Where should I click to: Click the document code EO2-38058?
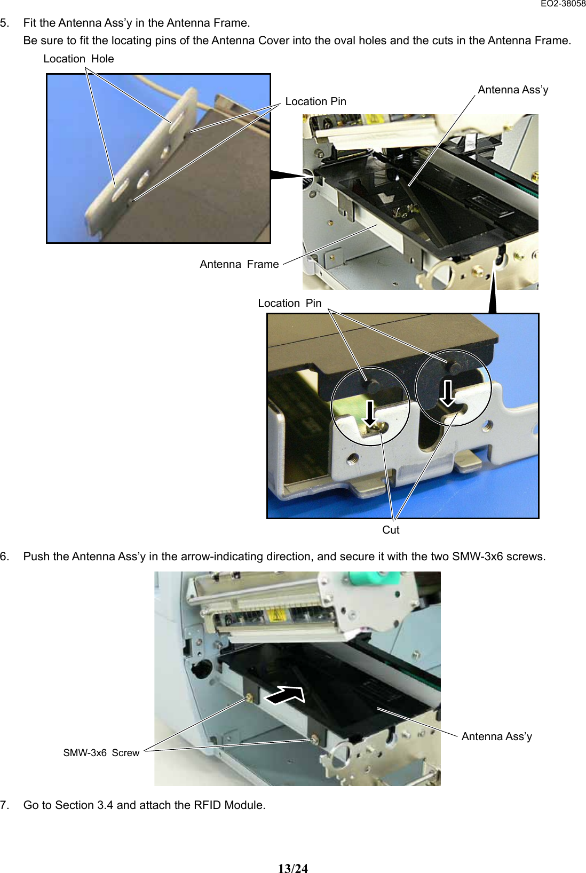(x=563, y=4)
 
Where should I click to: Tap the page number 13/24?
(x=292, y=868)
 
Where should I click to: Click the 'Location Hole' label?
(x=78, y=59)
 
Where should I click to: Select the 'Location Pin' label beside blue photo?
(x=315, y=101)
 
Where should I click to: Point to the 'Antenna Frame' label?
(x=239, y=264)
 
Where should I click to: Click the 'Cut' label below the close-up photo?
(x=391, y=530)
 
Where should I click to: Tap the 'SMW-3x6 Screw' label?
(x=101, y=752)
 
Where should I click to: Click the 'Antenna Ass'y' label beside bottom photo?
(x=496, y=736)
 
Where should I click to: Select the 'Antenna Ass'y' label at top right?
(x=512, y=90)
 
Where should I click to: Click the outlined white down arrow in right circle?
(x=447, y=393)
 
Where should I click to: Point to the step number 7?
(x=4, y=805)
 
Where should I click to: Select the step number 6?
(x=4, y=556)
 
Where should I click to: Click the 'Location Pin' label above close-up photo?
(x=289, y=303)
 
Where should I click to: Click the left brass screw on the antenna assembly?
(x=249, y=698)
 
